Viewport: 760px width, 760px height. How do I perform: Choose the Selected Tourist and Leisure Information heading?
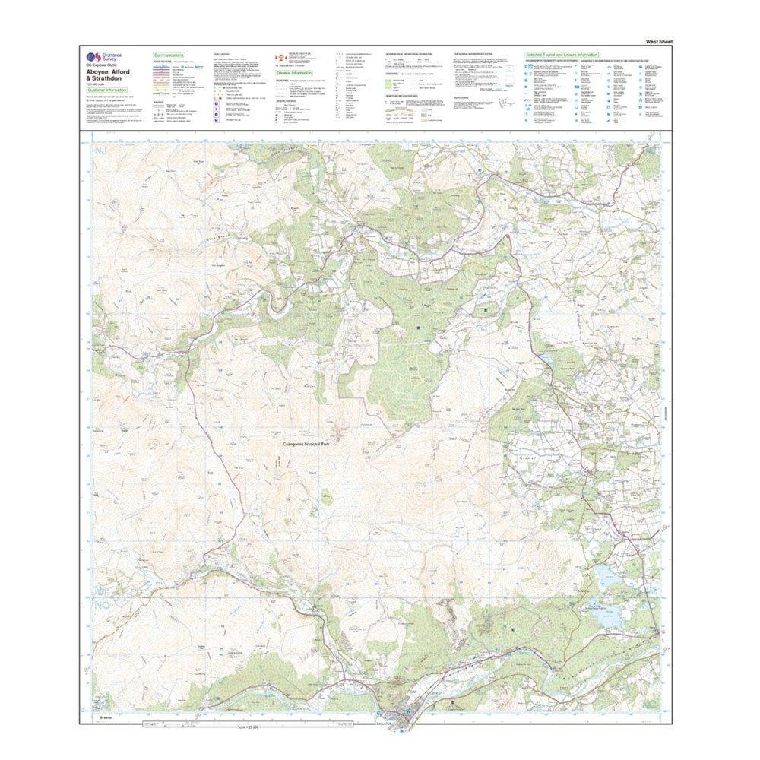tap(561, 55)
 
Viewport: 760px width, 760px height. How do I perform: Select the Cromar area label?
tap(529, 458)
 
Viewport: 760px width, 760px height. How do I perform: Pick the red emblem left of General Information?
tap(278, 58)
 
